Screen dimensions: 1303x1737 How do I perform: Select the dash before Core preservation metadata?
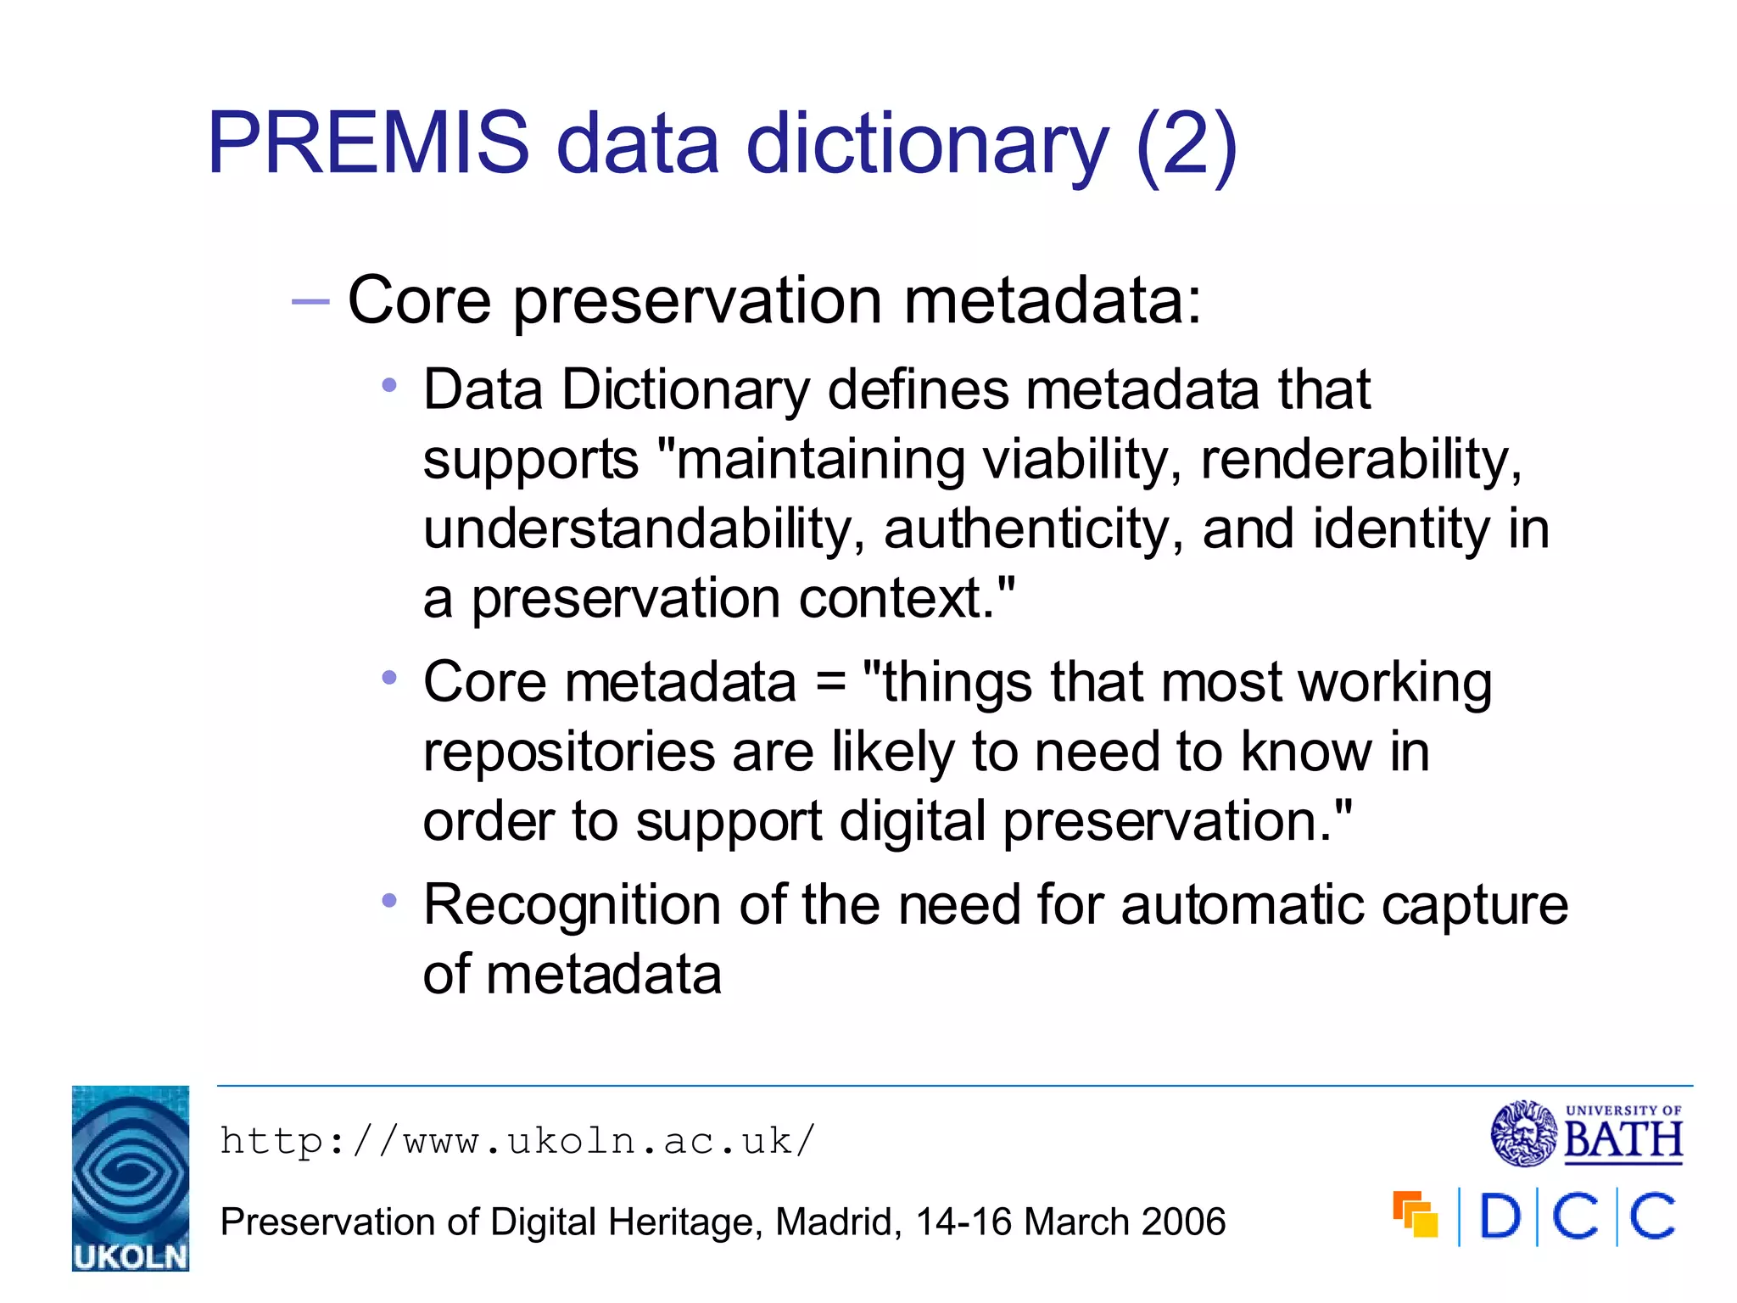(x=310, y=302)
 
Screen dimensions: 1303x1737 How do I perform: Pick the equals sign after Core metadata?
(x=829, y=684)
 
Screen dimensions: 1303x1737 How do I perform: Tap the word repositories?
(x=569, y=752)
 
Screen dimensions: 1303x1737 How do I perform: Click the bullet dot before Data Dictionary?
(x=389, y=386)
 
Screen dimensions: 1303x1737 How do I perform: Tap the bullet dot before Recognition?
(x=389, y=901)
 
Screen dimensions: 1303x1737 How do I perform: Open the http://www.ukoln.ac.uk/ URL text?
(x=517, y=1141)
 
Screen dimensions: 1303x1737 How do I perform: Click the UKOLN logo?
(x=131, y=1177)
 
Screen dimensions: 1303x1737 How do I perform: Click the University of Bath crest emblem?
(x=1524, y=1133)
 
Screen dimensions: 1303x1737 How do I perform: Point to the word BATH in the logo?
(x=1623, y=1140)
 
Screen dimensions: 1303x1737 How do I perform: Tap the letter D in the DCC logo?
(x=1499, y=1217)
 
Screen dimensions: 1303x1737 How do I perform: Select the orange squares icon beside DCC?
(x=1415, y=1215)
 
